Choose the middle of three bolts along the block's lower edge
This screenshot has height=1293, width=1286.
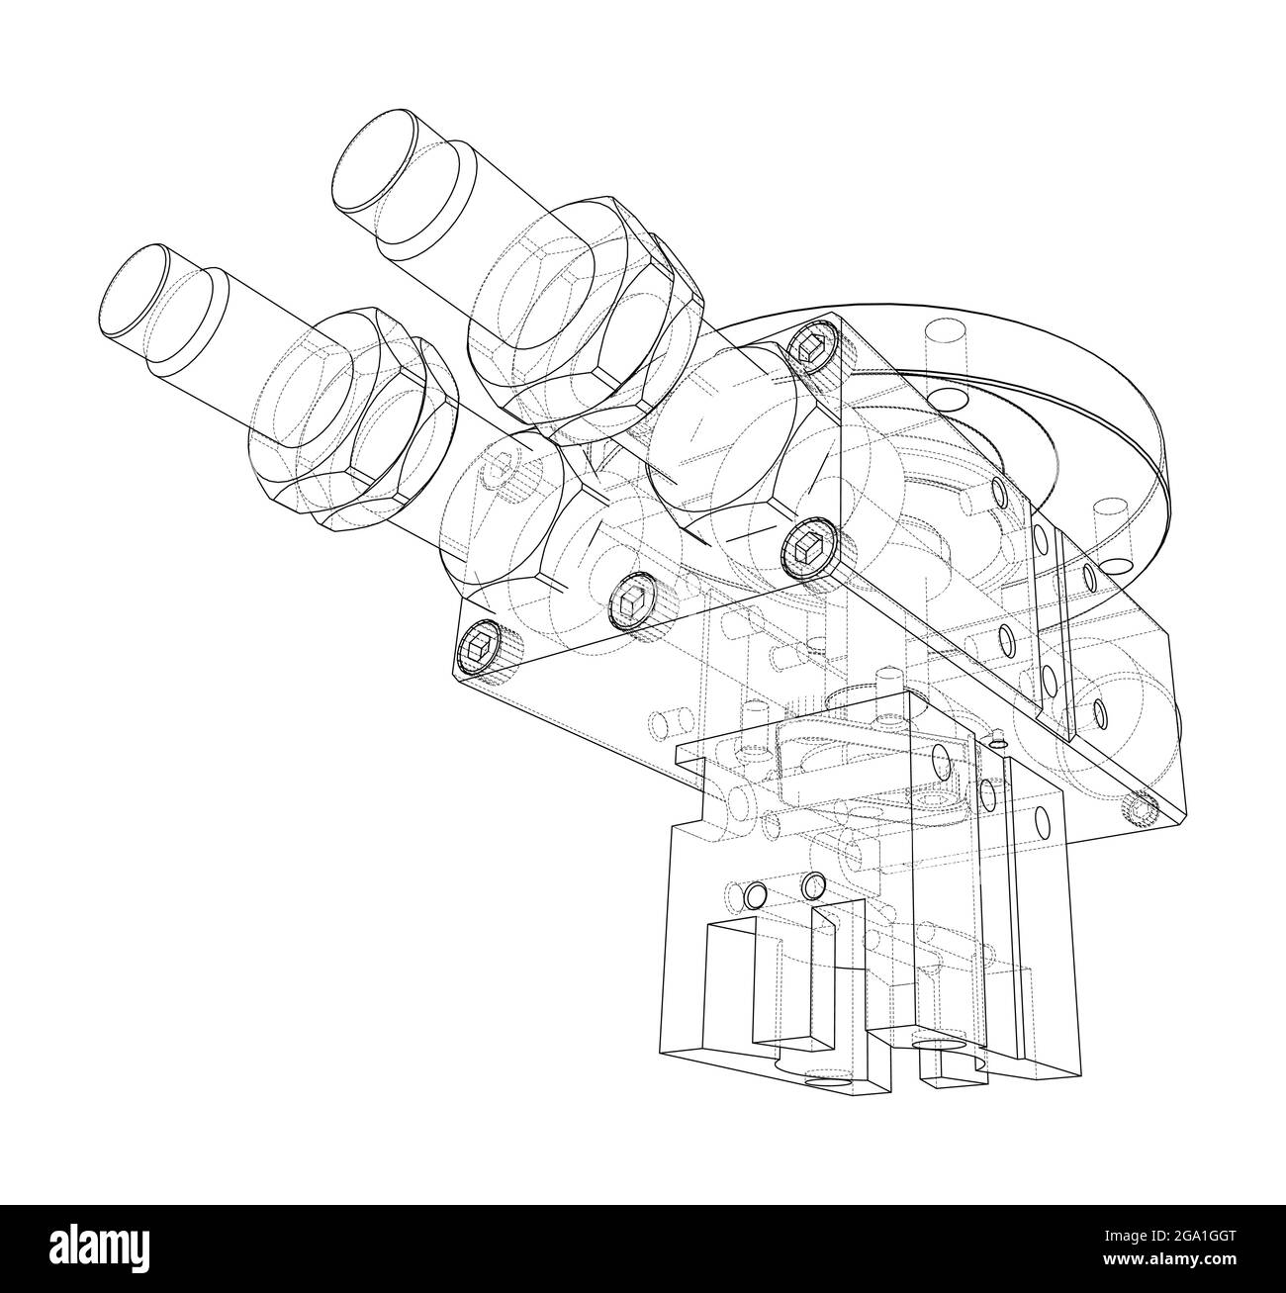coord(632,598)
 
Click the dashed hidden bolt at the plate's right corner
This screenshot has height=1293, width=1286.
coord(1140,809)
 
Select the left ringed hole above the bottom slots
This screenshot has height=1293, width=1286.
coord(756,896)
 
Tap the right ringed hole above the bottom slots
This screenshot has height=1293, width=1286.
coord(814,882)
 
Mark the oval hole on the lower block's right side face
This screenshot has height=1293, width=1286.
coord(1040,820)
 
